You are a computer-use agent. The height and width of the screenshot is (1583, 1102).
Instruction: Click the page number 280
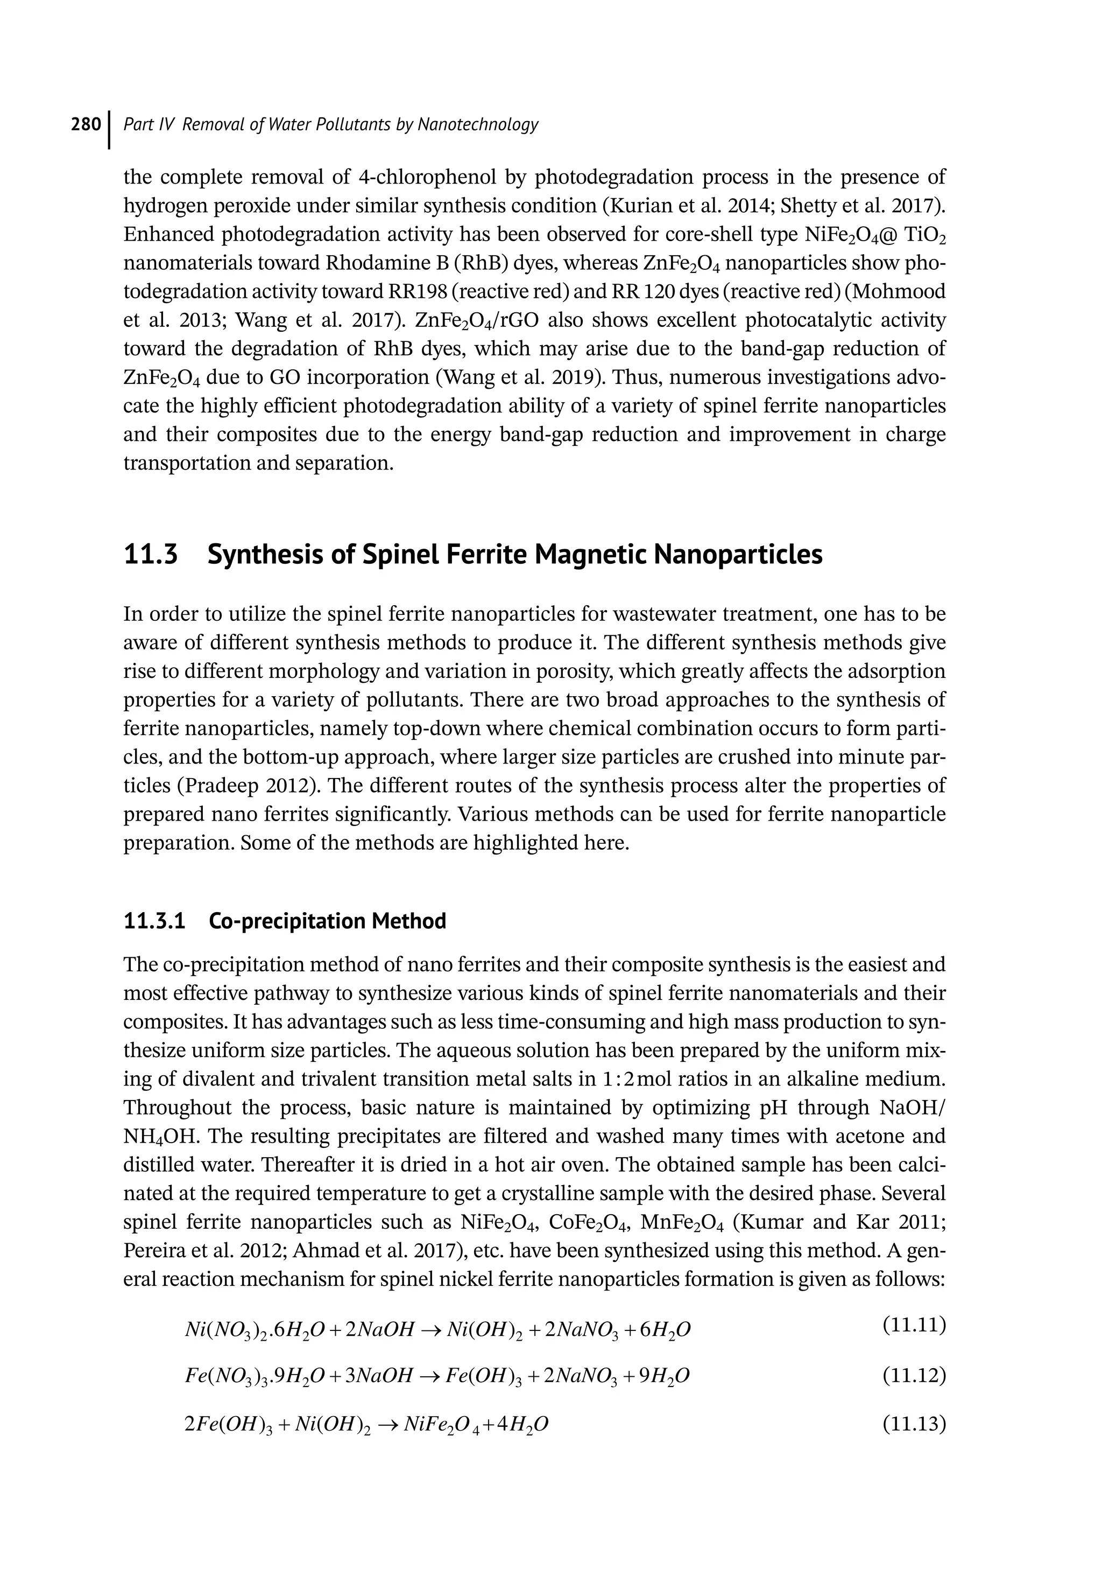tap(86, 125)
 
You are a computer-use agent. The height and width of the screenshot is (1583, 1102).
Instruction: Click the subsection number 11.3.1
tap(154, 921)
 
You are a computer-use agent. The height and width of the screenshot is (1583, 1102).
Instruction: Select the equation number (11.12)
tap(914, 1376)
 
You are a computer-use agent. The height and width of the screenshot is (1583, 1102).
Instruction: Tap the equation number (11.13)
tap(914, 1424)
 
